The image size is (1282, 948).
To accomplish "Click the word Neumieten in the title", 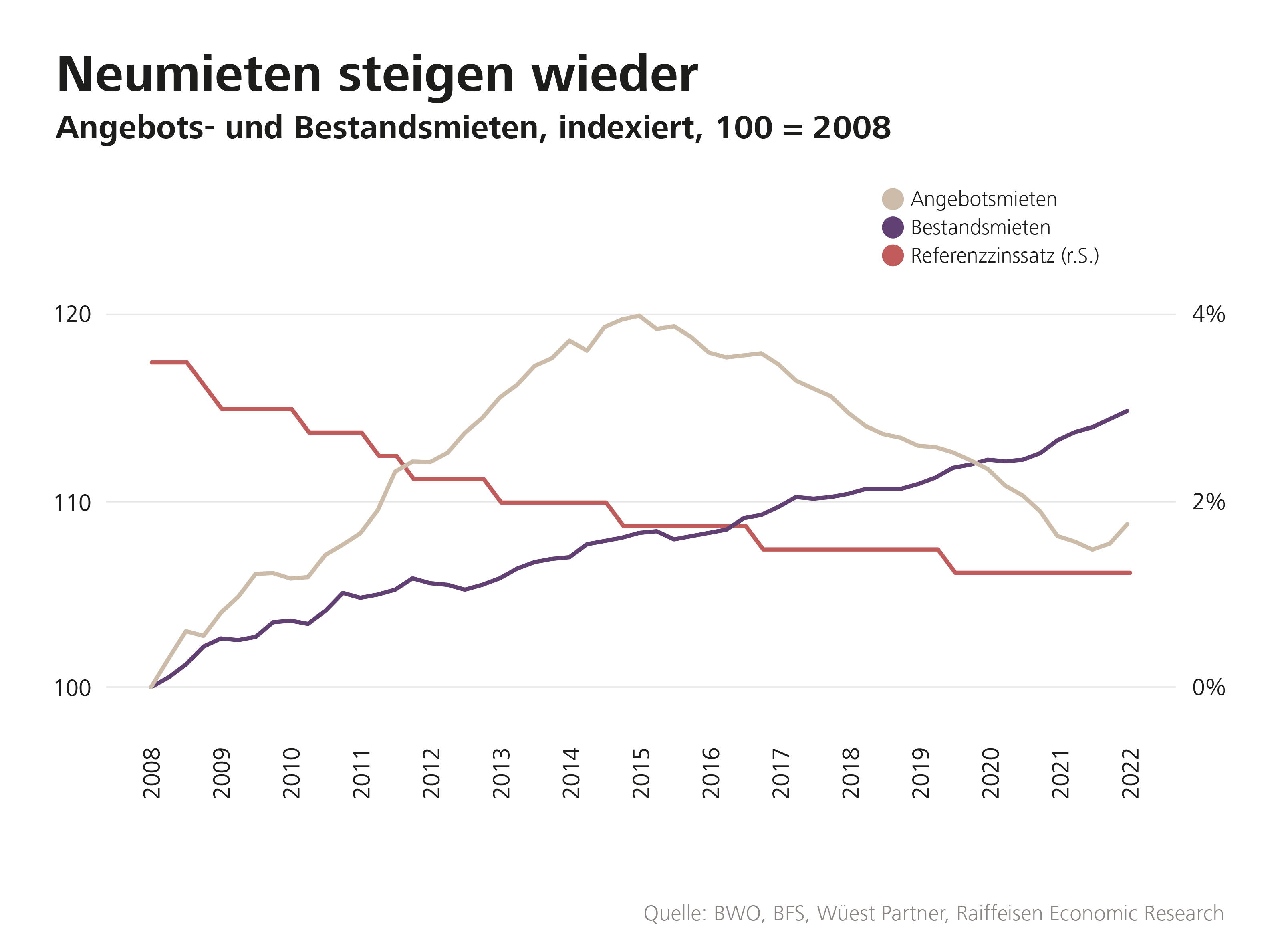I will pyautogui.click(x=189, y=75).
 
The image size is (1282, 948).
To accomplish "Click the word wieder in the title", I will pyautogui.click(x=614, y=75).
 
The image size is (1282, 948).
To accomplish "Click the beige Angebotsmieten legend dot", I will pyautogui.click(x=893, y=199).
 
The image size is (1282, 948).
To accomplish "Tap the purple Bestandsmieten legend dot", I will pyautogui.click(x=893, y=227).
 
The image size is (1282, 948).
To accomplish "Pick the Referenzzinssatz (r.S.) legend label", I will pyautogui.click(x=1004, y=256).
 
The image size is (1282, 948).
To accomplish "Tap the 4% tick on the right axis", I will pyautogui.click(x=1208, y=315).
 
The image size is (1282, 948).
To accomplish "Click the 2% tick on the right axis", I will pyautogui.click(x=1208, y=503).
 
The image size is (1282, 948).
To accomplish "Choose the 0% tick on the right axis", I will pyautogui.click(x=1208, y=687).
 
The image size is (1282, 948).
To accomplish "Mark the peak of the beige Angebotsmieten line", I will pyautogui.click(x=639, y=315).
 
